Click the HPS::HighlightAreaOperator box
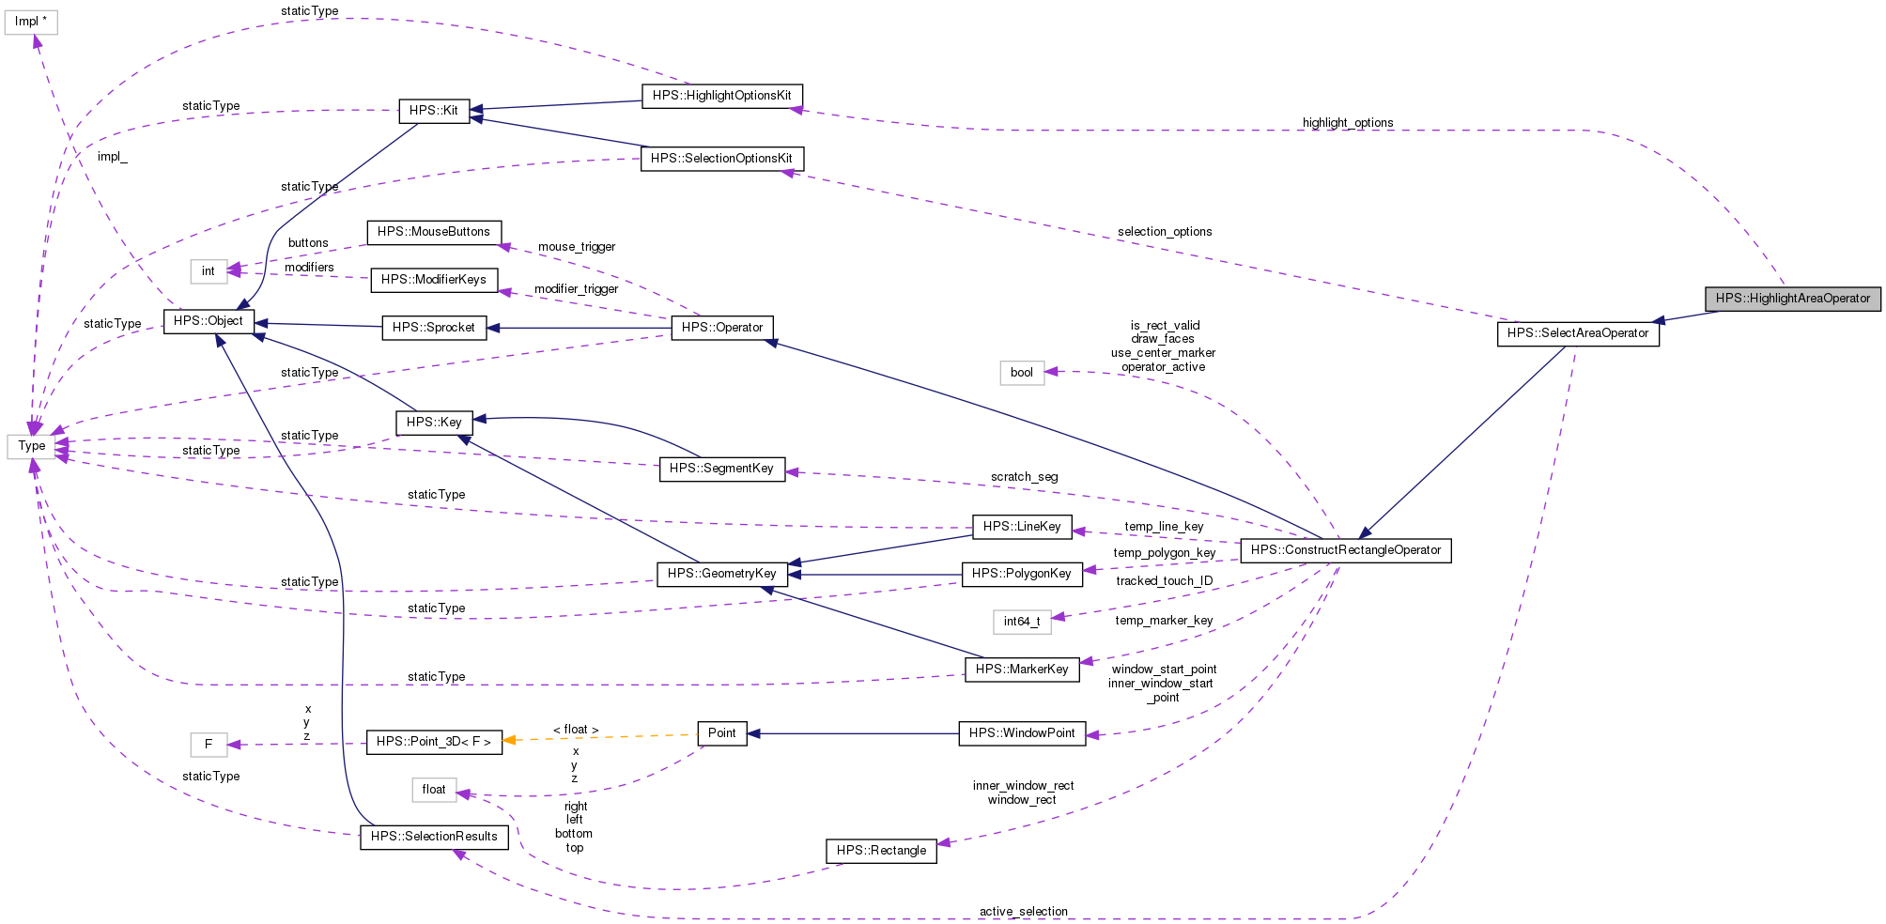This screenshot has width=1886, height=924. pyautogui.click(x=1792, y=299)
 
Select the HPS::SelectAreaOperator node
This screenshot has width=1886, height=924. pyautogui.click(x=1577, y=333)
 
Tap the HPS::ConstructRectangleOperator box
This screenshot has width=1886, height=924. pyautogui.click(x=1345, y=550)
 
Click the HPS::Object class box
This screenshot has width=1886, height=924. pyautogui.click(x=209, y=321)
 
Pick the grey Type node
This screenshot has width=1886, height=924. pyautogui.click(x=32, y=446)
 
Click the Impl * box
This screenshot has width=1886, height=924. pyautogui.click(x=31, y=22)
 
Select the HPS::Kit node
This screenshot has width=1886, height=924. pyautogui.click(x=433, y=111)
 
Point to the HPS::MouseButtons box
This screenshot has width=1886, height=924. pyautogui.click(x=433, y=232)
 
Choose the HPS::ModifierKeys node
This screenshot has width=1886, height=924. pyautogui.click(x=433, y=280)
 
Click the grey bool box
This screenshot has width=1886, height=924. pyautogui.click(x=1021, y=373)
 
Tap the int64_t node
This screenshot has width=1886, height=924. pyautogui.click(x=1021, y=622)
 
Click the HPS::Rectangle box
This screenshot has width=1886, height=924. pyautogui.click(x=880, y=851)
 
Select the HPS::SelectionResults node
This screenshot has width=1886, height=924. pyautogui.click(x=434, y=837)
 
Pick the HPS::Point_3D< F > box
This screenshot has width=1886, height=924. pyautogui.click(x=433, y=742)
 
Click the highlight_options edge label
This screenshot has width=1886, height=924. pyautogui.click(x=1347, y=123)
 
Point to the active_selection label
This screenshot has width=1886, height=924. pyautogui.click(x=1023, y=912)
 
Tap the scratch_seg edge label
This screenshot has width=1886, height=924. pyautogui.click(x=1024, y=477)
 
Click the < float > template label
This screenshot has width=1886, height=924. pyautogui.click(x=575, y=730)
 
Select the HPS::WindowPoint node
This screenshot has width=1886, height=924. pyautogui.click(x=1021, y=733)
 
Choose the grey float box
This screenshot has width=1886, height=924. pyautogui.click(x=433, y=790)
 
